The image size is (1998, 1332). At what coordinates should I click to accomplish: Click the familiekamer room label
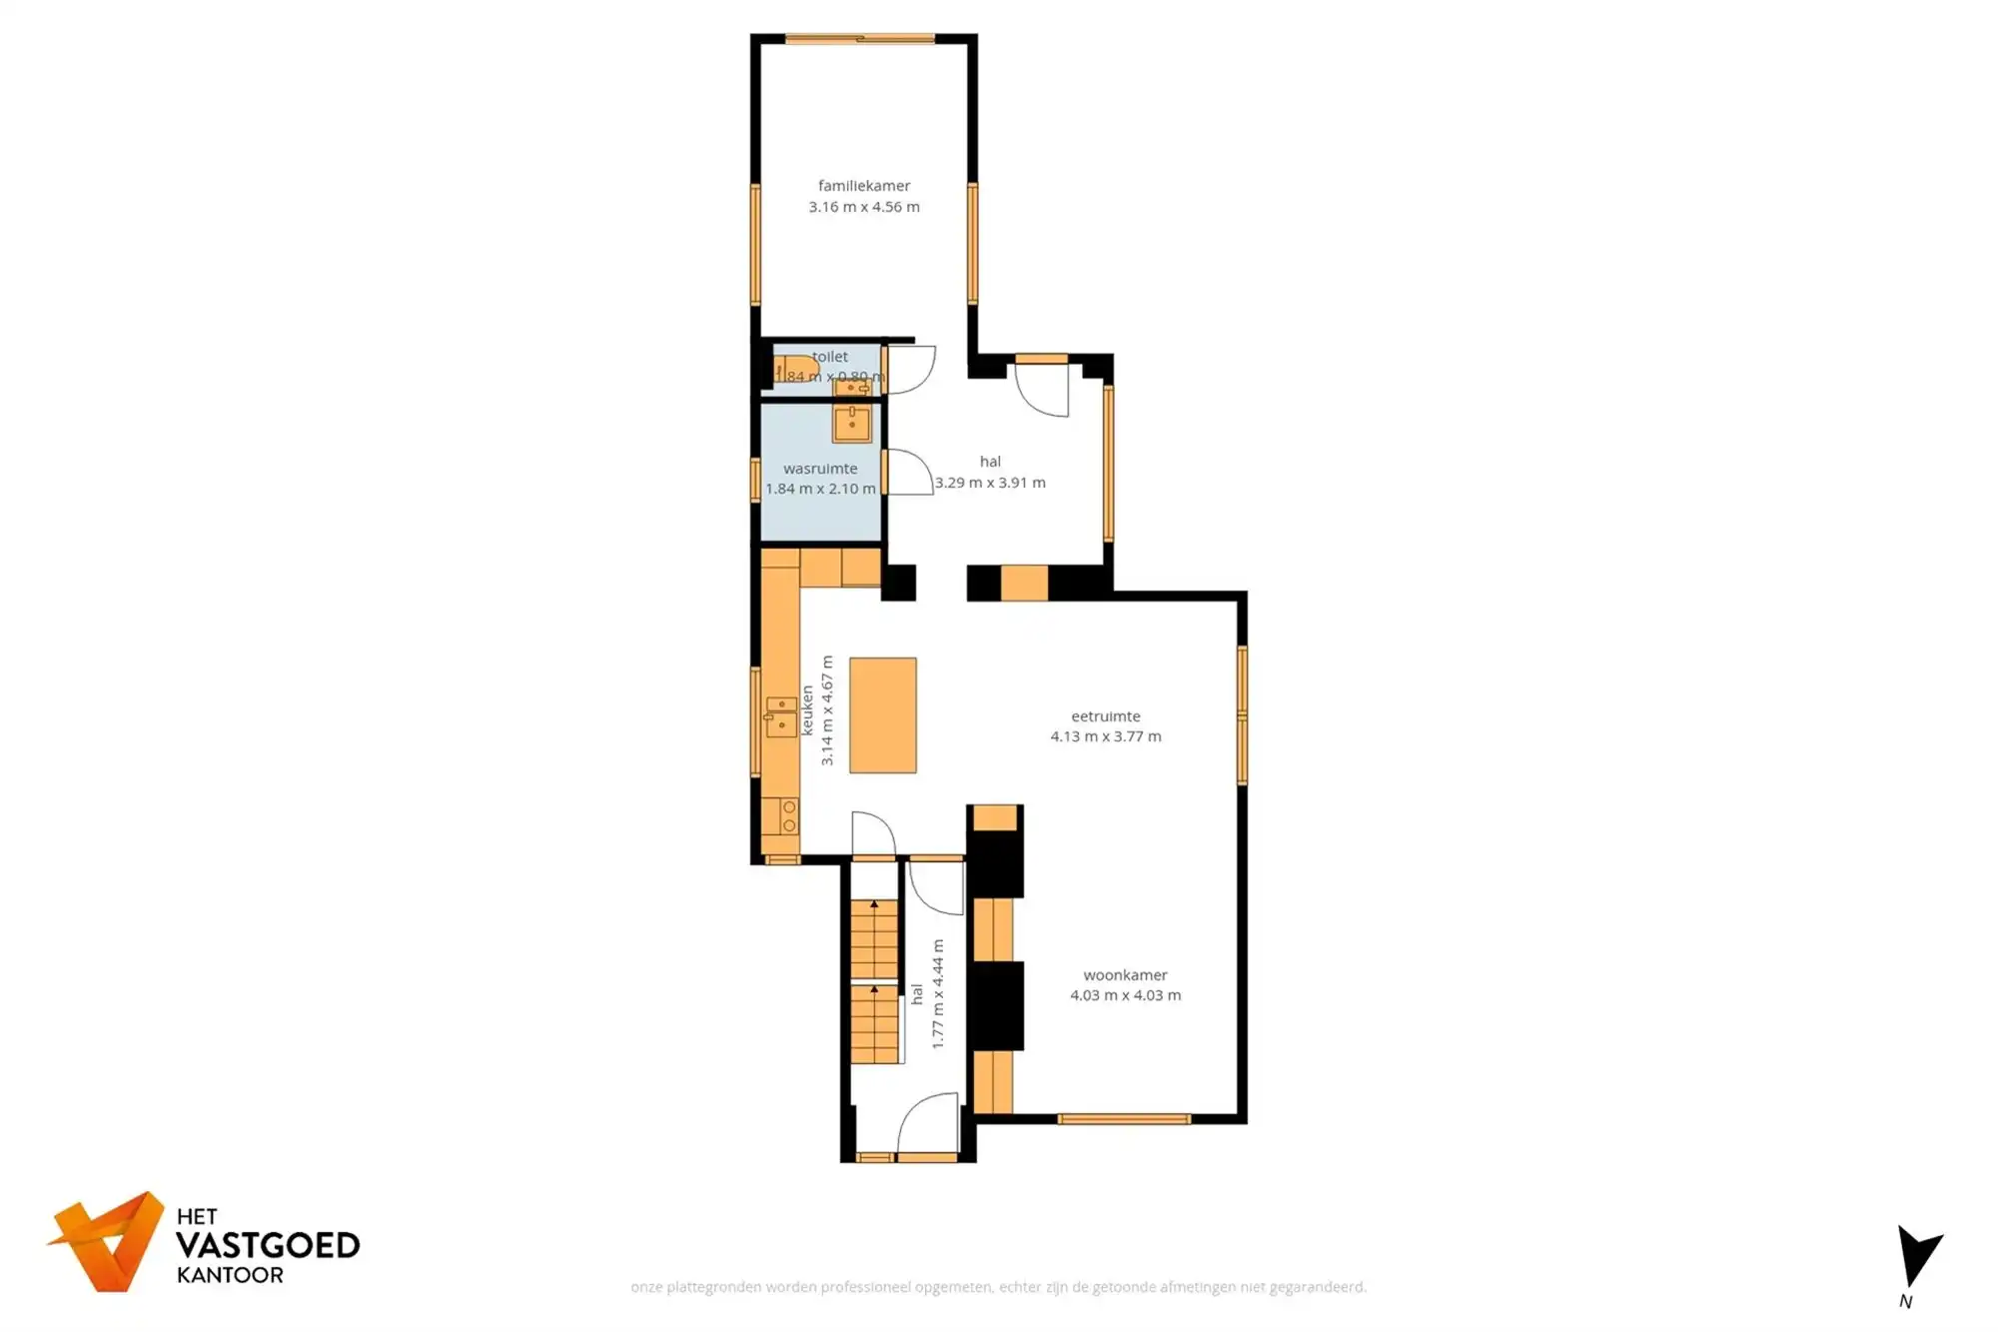click(864, 186)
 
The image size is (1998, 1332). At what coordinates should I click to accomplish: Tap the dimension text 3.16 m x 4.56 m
click(864, 207)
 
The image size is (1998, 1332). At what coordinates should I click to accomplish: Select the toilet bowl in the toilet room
click(796, 369)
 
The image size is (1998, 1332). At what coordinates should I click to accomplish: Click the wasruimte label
click(820, 468)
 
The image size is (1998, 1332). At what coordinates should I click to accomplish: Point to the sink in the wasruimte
click(852, 423)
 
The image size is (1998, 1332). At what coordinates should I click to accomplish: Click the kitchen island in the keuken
click(883, 714)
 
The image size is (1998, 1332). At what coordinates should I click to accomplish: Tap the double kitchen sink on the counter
click(781, 716)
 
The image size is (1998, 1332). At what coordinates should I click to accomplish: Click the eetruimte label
click(1105, 716)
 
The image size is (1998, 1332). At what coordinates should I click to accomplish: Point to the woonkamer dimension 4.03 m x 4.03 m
click(1125, 995)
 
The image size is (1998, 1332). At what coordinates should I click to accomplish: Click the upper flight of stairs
click(874, 939)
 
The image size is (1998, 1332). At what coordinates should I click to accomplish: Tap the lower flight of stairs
click(874, 1024)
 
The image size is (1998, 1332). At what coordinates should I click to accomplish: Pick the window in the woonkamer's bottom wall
click(1124, 1119)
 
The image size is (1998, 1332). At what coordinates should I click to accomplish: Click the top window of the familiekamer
click(859, 39)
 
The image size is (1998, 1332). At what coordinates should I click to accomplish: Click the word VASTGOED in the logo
click(268, 1245)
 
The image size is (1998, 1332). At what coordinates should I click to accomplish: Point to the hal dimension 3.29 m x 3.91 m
click(990, 483)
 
